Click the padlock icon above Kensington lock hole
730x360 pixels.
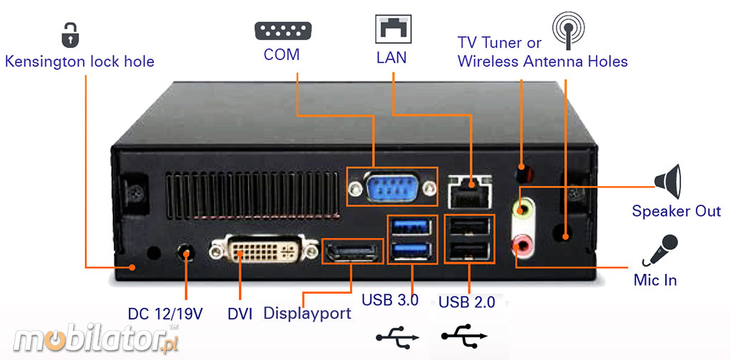[x=69, y=34]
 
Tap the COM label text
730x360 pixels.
[x=282, y=55]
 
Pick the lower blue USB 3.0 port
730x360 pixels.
[x=412, y=250]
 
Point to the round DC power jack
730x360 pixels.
[x=186, y=253]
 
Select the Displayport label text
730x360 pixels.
[x=307, y=313]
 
